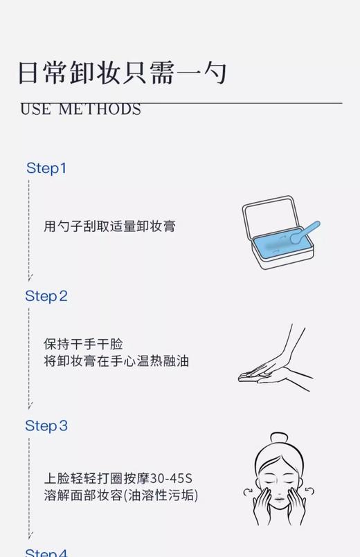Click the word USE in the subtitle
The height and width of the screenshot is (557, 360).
(x=35, y=110)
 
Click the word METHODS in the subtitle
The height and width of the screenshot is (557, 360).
(x=100, y=110)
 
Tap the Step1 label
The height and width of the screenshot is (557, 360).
(x=46, y=168)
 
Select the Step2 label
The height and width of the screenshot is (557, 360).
(x=46, y=296)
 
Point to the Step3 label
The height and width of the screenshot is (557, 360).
(x=46, y=426)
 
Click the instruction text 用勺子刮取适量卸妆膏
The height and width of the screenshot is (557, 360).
(x=109, y=226)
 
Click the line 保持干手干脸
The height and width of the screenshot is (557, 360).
(x=83, y=344)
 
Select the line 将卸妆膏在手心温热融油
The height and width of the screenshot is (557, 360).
(x=116, y=360)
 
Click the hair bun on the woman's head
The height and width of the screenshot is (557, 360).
(x=279, y=438)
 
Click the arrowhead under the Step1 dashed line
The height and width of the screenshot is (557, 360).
(x=30, y=277)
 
